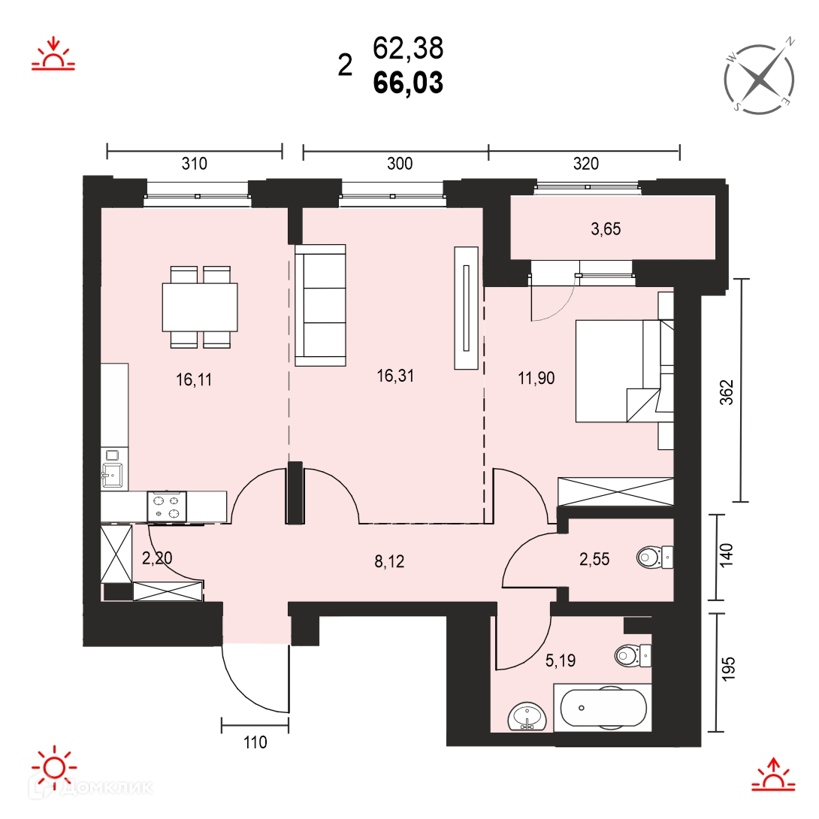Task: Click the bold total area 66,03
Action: (408, 83)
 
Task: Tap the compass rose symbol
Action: (760, 79)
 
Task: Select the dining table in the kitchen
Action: (200, 307)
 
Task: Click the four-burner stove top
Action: (167, 506)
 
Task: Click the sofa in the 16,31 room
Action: (320, 305)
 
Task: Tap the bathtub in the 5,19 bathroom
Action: (603, 708)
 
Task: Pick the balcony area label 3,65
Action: (606, 228)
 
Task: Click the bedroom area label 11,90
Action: (536, 378)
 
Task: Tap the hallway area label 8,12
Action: (389, 561)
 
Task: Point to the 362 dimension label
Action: (727, 391)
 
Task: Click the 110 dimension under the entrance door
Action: (255, 742)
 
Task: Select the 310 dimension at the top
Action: (195, 164)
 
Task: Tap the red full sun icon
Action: (54, 767)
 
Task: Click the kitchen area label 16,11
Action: (194, 379)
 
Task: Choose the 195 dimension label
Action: (727, 669)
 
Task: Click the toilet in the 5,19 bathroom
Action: (633, 655)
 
